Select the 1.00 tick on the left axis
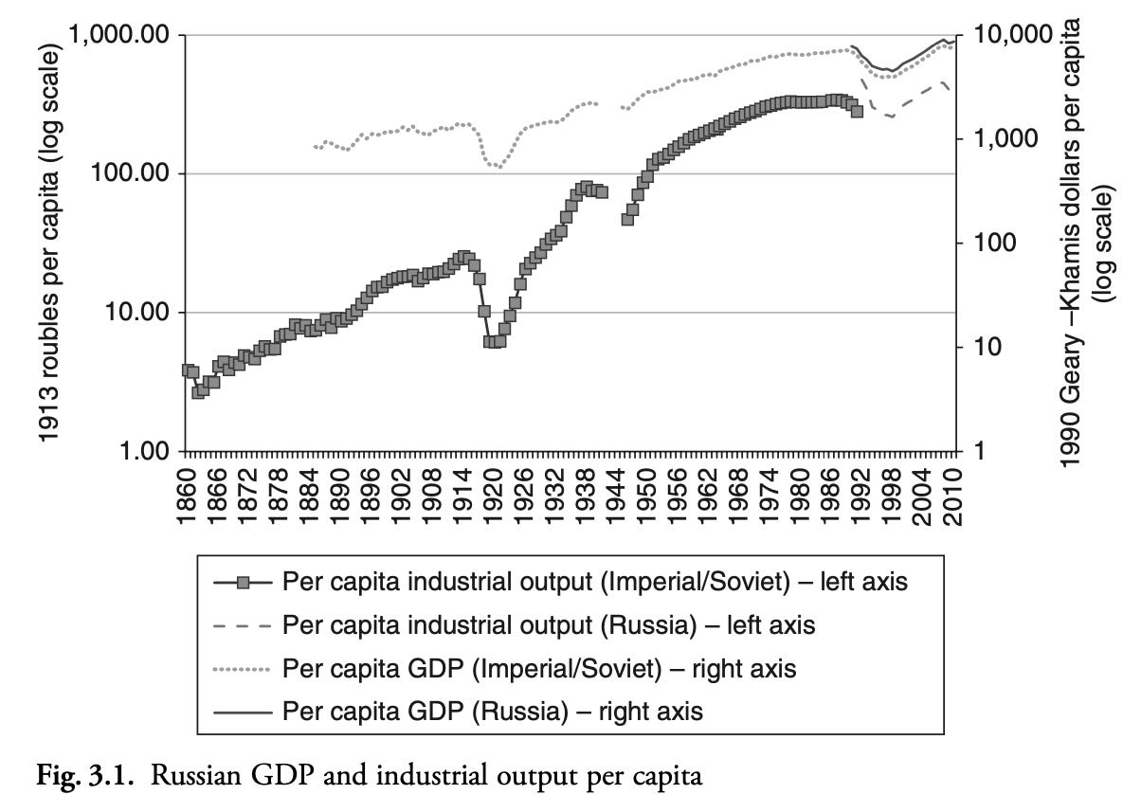[142, 451]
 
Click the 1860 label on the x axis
[186, 486]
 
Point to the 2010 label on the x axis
[954, 486]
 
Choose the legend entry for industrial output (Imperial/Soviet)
[595, 582]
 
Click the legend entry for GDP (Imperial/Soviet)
[539, 668]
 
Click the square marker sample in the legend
[244, 582]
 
